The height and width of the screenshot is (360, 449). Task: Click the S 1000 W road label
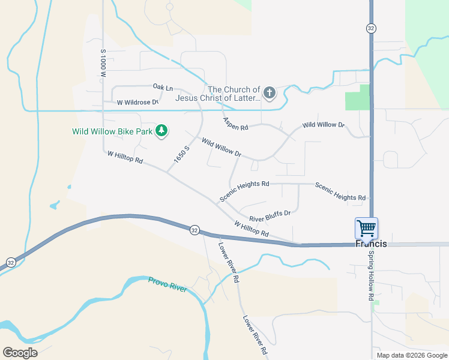point(103,64)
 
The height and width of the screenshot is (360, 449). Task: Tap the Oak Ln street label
point(163,88)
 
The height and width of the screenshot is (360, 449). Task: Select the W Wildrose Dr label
point(137,102)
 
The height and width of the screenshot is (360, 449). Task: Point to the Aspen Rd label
point(235,124)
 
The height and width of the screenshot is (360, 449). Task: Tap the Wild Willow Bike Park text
point(112,131)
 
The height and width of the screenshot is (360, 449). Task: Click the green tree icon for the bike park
point(161,130)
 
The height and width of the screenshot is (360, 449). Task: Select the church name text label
point(218,94)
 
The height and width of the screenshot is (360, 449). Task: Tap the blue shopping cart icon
point(366,227)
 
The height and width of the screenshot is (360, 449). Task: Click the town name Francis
point(371,244)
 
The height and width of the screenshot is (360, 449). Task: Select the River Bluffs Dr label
point(270,215)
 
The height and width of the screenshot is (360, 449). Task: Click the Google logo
point(20,352)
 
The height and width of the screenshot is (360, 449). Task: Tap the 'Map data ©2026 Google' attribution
point(412,355)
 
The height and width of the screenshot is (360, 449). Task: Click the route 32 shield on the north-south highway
point(371,28)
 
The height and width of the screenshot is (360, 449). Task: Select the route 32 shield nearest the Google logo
point(11,262)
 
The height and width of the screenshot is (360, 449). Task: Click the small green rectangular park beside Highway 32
point(358,98)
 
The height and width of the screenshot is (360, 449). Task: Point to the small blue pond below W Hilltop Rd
point(55,206)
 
